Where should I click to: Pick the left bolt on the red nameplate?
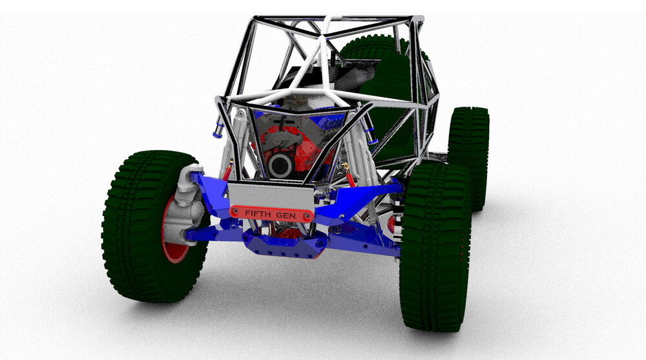(x=234, y=212)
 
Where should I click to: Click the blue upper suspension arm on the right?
(x=362, y=197)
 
